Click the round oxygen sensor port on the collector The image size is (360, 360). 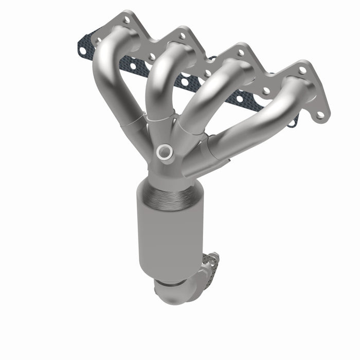pyautogui.click(x=165, y=151)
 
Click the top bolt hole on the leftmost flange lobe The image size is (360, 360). pyautogui.click(x=127, y=20)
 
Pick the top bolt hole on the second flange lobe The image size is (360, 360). pyautogui.click(x=182, y=36)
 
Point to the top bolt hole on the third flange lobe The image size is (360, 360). pyautogui.click(x=240, y=52)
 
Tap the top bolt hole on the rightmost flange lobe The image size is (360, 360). pyautogui.click(x=302, y=70)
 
